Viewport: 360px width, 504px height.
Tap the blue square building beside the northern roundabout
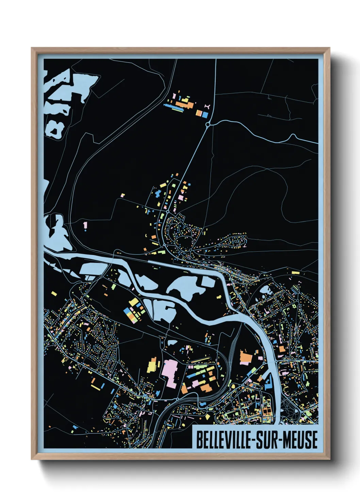[x=205, y=115]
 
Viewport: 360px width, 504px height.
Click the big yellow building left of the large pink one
[x=153, y=365]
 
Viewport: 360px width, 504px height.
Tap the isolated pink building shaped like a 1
[x=85, y=225]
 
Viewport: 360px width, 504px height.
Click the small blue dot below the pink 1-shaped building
[x=85, y=231]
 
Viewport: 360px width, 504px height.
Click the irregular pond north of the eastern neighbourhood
[x=265, y=290]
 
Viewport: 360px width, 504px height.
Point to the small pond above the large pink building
[x=172, y=342]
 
